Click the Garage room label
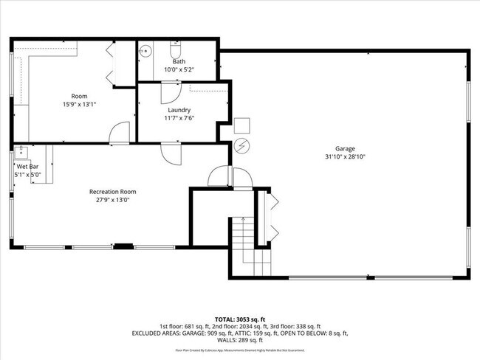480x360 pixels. tap(345, 148)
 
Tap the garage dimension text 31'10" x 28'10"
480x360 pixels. tap(345, 156)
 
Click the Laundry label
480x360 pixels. tap(179, 110)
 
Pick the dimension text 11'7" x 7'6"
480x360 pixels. tap(179, 118)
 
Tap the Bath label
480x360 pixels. tap(179, 62)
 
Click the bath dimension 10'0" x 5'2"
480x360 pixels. tap(179, 69)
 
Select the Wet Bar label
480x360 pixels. tap(27, 167)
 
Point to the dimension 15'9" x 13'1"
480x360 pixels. tap(79, 104)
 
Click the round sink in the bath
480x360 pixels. tap(146, 52)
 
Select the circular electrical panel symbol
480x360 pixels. tap(241, 145)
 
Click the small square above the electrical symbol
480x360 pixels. tap(242, 125)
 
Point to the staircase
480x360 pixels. tap(241, 243)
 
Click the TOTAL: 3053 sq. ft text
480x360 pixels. tap(240, 319)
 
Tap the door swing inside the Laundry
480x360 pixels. tap(170, 91)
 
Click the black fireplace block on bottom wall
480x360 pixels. tap(123, 246)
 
